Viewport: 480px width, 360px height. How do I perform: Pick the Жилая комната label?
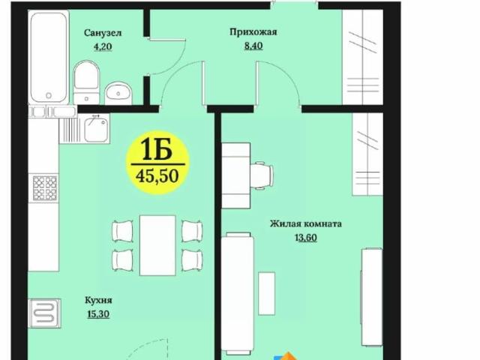(x=307, y=223)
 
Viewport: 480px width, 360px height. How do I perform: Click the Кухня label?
(x=98, y=300)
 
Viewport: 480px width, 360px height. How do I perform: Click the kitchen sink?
(x=94, y=131)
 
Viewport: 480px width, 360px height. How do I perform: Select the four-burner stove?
(x=44, y=187)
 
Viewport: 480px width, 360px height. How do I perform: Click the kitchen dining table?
(x=157, y=244)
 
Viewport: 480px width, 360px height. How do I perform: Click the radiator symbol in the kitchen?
(x=42, y=313)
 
